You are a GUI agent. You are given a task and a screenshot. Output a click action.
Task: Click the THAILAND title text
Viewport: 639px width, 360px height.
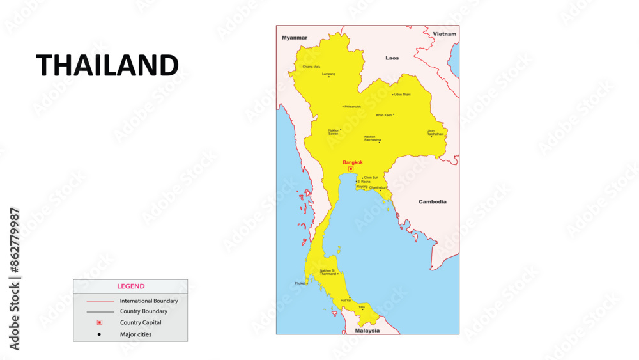click(x=107, y=65)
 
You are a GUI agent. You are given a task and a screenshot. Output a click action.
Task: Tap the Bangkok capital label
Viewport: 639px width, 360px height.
click(x=353, y=162)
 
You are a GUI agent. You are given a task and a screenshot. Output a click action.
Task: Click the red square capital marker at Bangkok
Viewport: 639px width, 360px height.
click(x=351, y=169)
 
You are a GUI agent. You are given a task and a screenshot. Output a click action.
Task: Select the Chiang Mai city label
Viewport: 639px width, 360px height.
click(x=311, y=67)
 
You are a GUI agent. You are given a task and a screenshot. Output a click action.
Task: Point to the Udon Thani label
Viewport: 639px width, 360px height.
click(x=403, y=95)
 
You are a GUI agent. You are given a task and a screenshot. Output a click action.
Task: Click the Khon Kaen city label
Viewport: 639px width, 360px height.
click(x=384, y=115)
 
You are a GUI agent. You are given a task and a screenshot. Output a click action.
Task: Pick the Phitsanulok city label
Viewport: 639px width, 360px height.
click(x=353, y=107)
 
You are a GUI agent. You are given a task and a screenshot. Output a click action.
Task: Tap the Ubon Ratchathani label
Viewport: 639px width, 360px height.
click(x=435, y=132)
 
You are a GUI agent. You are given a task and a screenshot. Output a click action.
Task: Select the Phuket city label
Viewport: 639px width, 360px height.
click(x=300, y=283)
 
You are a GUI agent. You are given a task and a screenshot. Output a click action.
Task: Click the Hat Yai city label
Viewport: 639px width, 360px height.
click(x=346, y=300)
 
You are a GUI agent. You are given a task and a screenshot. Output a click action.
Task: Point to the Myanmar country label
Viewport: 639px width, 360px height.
click(x=295, y=38)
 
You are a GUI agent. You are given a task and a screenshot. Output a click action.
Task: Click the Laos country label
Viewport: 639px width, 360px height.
click(x=392, y=58)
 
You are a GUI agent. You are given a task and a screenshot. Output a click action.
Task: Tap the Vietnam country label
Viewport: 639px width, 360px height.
click(x=445, y=34)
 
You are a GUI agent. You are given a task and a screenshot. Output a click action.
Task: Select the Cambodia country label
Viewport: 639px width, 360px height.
click(x=433, y=202)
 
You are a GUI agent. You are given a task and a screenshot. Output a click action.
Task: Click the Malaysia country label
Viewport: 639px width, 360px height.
click(x=367, y=331)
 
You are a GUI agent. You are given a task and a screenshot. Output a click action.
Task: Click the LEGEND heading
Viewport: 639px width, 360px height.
click(x=130, y=286)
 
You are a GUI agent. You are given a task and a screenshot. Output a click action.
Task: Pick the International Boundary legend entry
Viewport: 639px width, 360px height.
click(x=149, y=301)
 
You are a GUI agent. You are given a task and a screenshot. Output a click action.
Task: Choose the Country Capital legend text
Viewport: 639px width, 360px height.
click(x=141, y=323)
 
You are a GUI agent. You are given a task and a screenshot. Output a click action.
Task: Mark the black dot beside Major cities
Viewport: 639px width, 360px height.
click(x=100, y=334)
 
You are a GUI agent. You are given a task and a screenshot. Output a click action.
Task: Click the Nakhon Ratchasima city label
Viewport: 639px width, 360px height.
click(x=373, y=138)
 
